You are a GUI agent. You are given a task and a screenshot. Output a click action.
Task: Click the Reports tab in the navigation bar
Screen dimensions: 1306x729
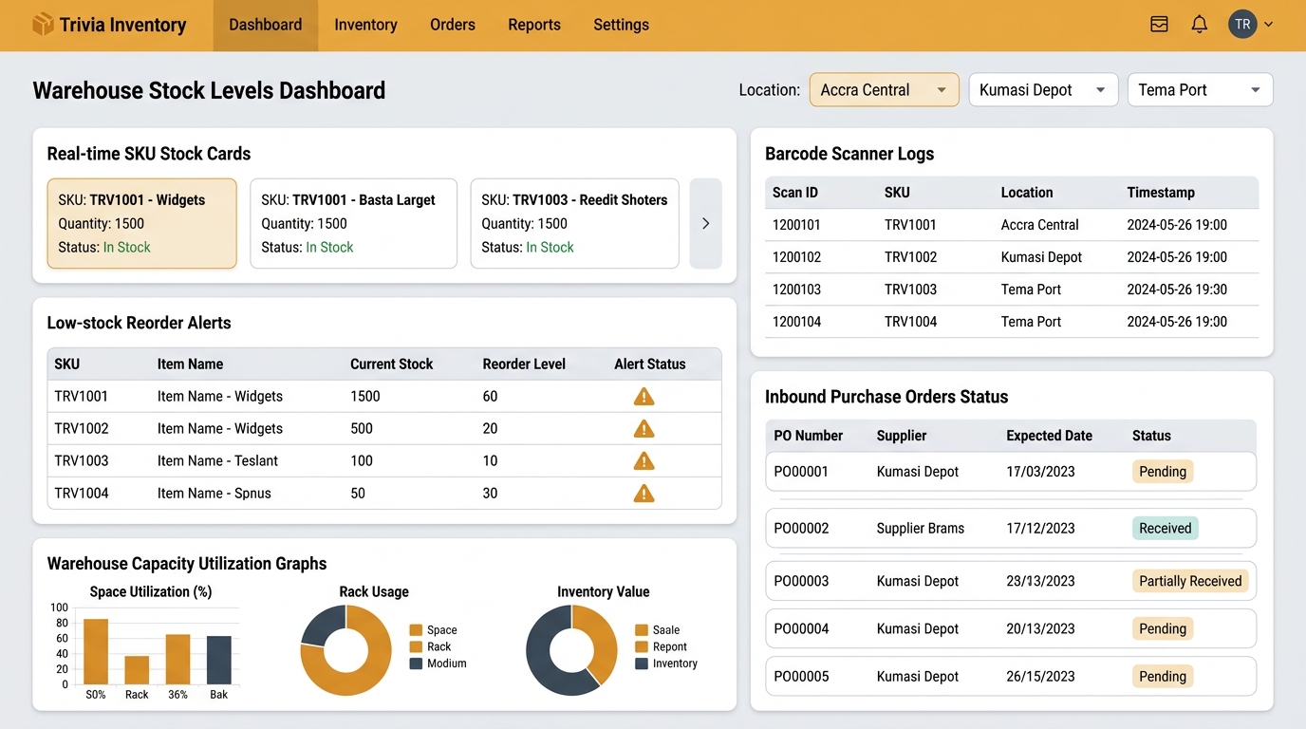[534, 25]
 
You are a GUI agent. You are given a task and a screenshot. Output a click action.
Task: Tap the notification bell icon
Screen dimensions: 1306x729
[1200, 25]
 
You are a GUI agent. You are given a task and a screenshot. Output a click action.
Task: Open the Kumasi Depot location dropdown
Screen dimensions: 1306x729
[1043, 90]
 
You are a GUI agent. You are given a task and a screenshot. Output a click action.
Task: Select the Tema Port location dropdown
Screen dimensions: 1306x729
[1200, 90]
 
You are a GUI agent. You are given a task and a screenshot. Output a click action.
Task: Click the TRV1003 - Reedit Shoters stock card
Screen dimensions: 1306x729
[574, 223]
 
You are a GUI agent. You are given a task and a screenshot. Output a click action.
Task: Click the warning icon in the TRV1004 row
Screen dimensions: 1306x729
[644, 494]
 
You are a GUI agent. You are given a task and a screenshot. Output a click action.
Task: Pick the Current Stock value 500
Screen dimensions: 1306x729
[362, 429]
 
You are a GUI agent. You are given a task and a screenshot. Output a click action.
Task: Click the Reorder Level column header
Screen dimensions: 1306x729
[524, 364]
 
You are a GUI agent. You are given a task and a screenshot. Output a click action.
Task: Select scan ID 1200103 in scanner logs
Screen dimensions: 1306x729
[796, 290]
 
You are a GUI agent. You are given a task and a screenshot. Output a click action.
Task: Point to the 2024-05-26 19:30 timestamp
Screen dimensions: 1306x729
[1177, 290]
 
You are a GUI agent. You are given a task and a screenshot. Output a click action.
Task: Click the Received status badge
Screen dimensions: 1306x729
[1165, 529]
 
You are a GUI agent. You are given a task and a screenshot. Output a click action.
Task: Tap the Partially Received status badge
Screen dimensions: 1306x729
[1190, 581]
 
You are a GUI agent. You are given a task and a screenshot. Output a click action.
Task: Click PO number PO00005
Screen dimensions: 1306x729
[801, 677]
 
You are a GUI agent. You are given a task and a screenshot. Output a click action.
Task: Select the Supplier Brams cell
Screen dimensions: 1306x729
[920, 529]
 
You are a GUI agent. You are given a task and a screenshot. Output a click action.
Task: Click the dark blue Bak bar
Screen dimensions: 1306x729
[219, 660]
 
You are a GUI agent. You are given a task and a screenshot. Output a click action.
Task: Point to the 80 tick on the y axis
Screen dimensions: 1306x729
[62, 623]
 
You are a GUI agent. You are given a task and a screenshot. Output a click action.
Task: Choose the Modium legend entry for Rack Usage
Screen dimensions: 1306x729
[438, 664]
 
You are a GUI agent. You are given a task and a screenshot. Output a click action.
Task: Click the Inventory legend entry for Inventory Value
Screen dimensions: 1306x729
[666, 664]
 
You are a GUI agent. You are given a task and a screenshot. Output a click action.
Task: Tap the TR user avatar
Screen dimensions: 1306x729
[1242, 25]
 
